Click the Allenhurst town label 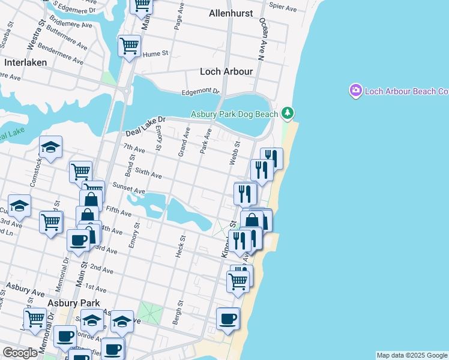point(231,13)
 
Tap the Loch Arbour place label point(226,71)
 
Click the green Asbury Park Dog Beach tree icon point(288,113)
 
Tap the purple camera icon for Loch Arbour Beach point(356,91)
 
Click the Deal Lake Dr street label point(145,127)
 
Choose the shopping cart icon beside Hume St point(130,46)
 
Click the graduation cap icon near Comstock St point(51,146)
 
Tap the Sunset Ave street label point(128,191)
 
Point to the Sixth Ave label point(148,175)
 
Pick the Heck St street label point(179,246)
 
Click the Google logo point(20,353)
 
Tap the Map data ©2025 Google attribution point(412,355)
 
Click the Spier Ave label point(283,9)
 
